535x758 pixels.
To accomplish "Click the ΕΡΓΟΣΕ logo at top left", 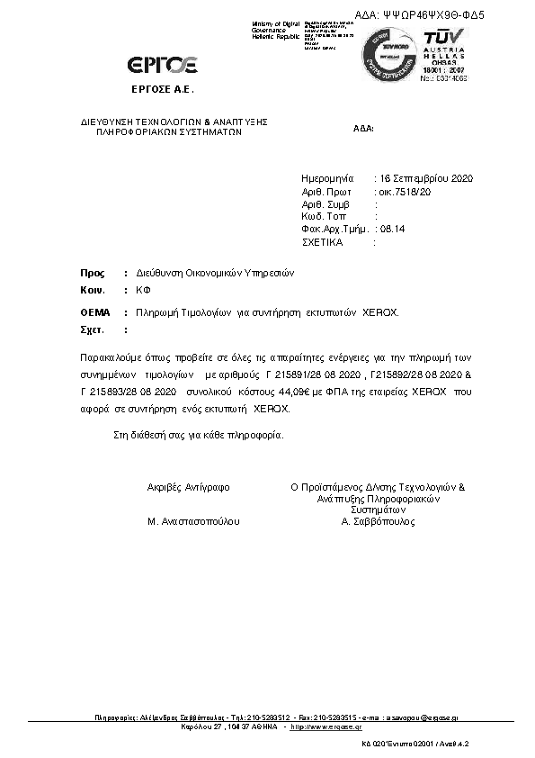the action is [163, 64].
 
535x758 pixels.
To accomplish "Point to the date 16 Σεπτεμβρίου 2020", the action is [423, 179].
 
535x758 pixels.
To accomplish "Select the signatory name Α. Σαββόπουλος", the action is [379, 521].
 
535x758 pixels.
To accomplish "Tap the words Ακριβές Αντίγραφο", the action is [188, 487].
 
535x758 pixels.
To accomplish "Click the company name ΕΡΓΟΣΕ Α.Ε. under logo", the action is [162, 91].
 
